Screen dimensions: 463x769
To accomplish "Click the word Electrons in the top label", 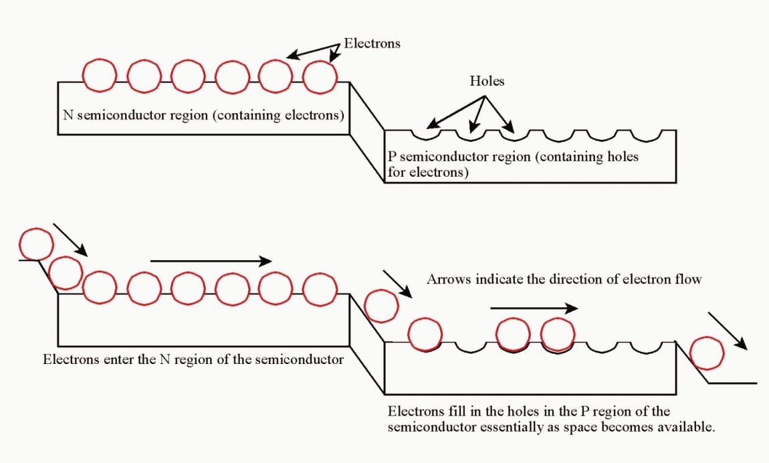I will (372, 43).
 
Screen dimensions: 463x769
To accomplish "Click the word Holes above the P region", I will (487, 82).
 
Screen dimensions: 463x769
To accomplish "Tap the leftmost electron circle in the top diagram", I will (100, 75).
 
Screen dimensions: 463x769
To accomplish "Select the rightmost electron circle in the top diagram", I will (320, 75).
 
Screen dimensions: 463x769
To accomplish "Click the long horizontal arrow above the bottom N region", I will (211, 261).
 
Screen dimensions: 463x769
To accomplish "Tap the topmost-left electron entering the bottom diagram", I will (36, 244).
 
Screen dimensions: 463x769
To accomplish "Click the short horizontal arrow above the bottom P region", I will (533, 308).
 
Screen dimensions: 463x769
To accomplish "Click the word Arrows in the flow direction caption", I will (449, 279).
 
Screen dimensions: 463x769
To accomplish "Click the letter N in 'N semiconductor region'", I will (68, 114).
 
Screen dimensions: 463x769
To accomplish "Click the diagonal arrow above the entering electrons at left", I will (70, 240).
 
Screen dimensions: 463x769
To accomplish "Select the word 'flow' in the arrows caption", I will (689, 279).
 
